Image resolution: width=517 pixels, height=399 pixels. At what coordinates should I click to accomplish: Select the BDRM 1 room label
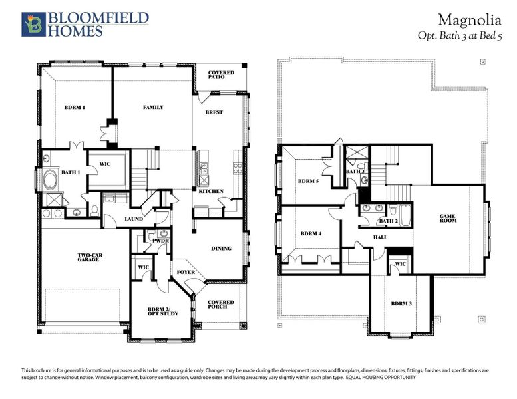click(x=75, y=107)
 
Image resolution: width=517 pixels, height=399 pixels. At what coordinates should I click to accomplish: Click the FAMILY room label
click(x=153, y=107)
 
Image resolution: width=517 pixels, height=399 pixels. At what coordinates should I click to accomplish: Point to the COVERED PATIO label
click(x=220, y=74)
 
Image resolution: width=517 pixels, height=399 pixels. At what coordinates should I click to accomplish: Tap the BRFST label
click(x=214, y=112)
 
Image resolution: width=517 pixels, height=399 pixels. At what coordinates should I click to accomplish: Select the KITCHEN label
click(x=211, y=192)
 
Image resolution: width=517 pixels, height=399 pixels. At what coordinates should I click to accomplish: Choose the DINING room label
click(x=221, y=249)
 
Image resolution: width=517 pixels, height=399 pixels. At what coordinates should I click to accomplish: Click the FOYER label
click(x=185, y=272)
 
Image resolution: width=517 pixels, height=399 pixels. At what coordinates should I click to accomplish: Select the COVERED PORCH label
click(x=221, y=305)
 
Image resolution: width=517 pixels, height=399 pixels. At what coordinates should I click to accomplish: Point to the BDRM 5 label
click(x=309, y=181)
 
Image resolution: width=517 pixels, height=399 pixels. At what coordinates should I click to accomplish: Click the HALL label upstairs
click(x=380, y=237)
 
